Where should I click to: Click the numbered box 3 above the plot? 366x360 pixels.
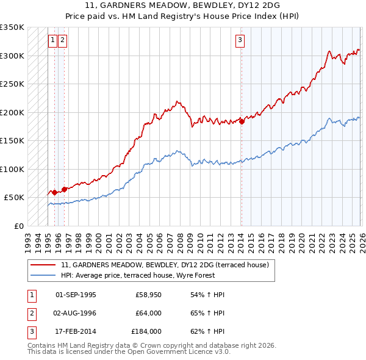pos(240,41)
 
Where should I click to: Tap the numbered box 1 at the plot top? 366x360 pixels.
pos(53,41)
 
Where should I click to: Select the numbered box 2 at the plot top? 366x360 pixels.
pos(63,41)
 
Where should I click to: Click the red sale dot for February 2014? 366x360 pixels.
pos(242,121)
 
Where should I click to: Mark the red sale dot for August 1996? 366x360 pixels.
pos(64,190)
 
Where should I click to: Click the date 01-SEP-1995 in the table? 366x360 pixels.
pos(76,295)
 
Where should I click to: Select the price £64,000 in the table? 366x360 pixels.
pos(149,313)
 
